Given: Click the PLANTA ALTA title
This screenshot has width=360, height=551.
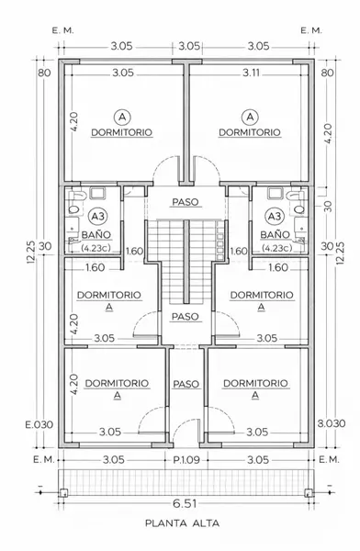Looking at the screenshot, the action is [182, 523].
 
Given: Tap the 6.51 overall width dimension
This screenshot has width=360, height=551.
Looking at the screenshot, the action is [185, 503].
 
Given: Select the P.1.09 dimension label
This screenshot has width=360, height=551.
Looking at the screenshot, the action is [186, 460].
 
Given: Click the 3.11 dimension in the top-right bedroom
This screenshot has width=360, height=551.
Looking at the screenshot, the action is [252, 73].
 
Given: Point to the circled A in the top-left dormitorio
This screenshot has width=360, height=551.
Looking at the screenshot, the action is [122, 117].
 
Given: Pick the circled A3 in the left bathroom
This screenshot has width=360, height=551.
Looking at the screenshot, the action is [98, 217].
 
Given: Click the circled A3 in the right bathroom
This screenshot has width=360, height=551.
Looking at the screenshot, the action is [275, 217].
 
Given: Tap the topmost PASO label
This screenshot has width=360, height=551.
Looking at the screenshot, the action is [186, 202].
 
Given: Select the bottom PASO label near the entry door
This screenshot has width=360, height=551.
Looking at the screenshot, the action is [186, 384].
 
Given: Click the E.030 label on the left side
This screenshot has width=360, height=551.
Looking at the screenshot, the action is [39, 424].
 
